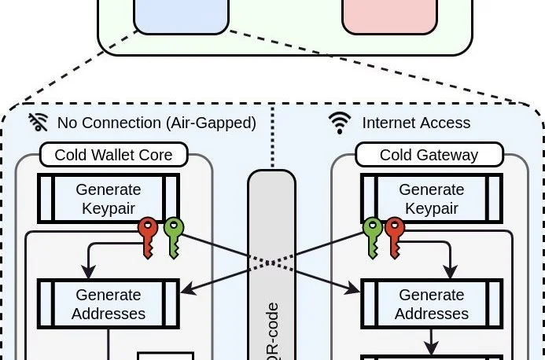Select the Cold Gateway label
tap(429, 155)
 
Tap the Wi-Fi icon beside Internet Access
tap(340, 122)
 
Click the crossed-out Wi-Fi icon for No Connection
tap(39, 122)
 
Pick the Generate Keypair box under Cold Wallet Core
tap(109, 198)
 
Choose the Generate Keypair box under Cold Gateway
tap(431, 198)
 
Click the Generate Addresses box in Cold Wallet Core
tap(109, 303)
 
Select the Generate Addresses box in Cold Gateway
tap(431, 303)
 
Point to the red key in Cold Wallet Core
tap(148, 233)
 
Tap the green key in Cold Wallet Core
tap(172, 233)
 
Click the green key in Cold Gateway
tap(372, 233)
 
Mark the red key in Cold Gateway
tap(394, 233)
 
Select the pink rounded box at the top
tap(389, 14)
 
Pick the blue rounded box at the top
tap(181, 14)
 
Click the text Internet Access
tap(416, 123)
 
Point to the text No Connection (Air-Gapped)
tap(157, 123)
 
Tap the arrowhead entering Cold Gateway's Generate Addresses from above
tap(450, 273)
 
